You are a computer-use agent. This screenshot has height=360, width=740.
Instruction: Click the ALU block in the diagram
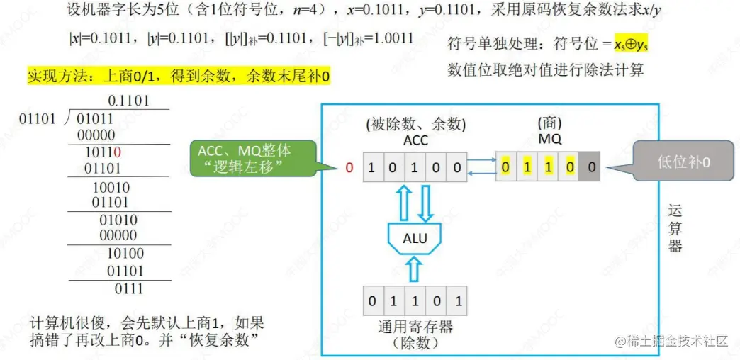point(415,238)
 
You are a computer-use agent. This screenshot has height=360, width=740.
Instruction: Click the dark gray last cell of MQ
point(592,168)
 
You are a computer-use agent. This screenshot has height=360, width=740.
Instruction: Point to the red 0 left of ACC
point(349,168)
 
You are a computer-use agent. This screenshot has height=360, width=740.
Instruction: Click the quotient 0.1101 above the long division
point(128,101)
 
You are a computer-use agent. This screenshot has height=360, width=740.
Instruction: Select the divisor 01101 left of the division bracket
point(37,118)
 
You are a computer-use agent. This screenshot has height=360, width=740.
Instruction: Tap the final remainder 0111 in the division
point(128,288)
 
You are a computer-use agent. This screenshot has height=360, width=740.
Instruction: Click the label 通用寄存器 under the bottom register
point(415,327)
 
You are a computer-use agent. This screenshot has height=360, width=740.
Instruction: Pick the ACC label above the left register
point(415,140)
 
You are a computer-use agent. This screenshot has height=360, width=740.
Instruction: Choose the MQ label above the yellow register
point(549,139)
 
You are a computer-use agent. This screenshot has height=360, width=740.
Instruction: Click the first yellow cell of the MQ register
point(506,168)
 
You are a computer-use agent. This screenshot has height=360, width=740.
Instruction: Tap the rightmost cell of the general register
point(458,302)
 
